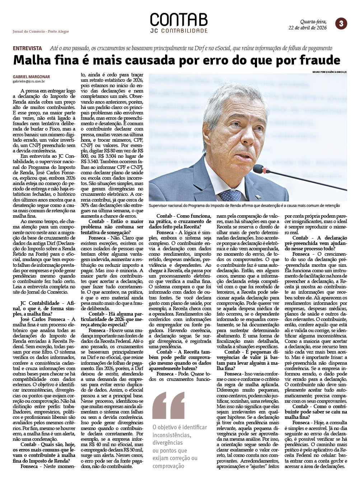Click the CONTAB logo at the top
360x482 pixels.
coord(178,20)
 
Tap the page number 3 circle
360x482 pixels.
coord(341,24)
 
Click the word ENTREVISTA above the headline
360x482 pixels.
coord(27,48)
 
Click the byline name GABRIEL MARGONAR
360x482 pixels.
coord(31,77)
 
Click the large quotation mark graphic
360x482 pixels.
coord(168,405)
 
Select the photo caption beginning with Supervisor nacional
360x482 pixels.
coord(244,205)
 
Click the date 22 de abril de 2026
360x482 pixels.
coord(308,28)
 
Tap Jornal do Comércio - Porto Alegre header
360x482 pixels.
coord(41,31)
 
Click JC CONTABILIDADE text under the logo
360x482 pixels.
coord(179,31)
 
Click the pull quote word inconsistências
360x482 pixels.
coord(172,435)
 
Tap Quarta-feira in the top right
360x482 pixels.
coord(313,22)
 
